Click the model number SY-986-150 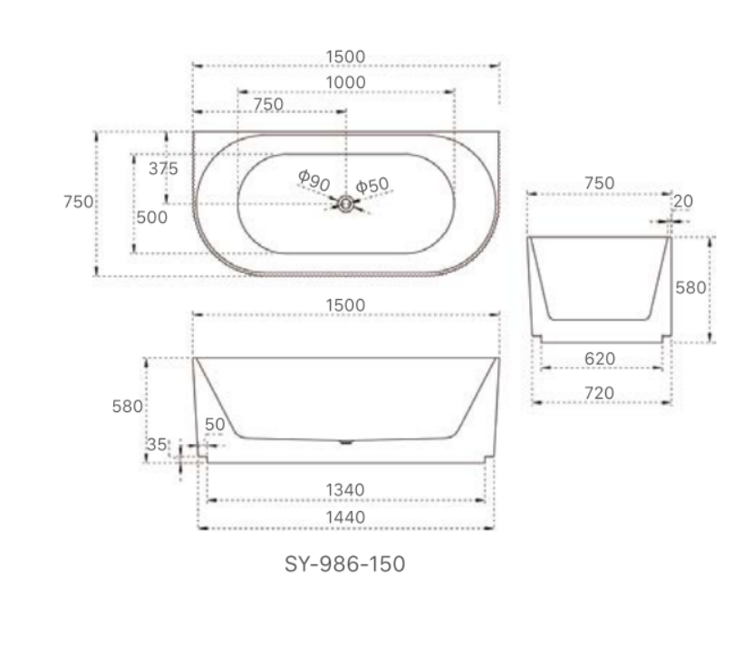point(345,564)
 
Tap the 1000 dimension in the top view point(345,82)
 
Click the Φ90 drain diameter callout point(314,181)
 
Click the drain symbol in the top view point(344,204)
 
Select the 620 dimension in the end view point(599,359)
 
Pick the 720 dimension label point(599,392)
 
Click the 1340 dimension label point(345,490)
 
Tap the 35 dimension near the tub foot point(157,445)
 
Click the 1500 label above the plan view point(345,56)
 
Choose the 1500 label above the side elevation point(345,304)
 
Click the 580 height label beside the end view point(690,288)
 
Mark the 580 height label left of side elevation point(128,407)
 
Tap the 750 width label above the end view point(599,183)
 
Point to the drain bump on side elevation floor point(345,443)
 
